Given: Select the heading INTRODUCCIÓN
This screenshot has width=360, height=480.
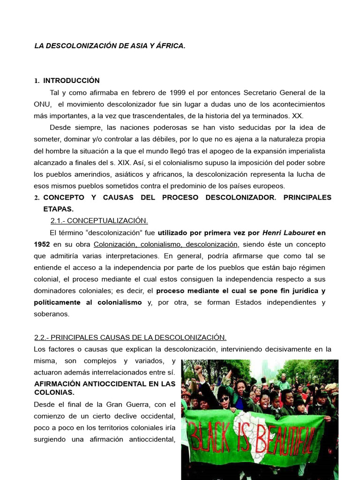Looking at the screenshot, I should pyautogui.click(x=71, y=81).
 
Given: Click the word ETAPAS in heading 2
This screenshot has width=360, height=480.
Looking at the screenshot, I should pyautogui.click(x=58, y=209).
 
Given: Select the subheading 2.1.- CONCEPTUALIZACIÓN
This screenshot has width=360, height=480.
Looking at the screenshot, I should pyautogui.click(x=99, y=221).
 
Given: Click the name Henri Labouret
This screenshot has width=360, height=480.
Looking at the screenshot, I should pyautogui.click(x=288, y=232).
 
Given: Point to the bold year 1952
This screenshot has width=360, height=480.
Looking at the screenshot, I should pyautogui.click(x=42, y=244).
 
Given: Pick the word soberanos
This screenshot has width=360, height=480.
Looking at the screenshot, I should pyautogui.click(x=52, y=314).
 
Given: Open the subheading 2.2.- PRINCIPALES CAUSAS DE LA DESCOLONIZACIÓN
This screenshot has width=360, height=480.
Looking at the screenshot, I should pyautogui.click(x=130, y=337).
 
